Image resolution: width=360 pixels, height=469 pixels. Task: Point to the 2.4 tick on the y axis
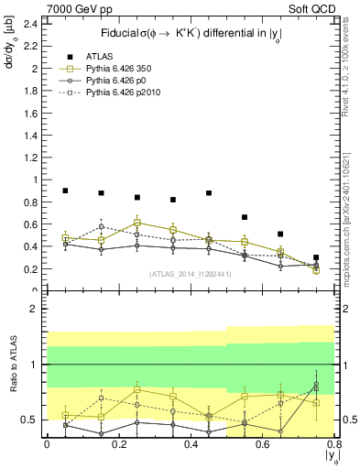[30, 24]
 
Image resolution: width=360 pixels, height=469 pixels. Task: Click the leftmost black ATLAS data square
[65, 191]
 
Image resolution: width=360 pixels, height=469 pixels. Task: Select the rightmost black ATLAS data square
[316, 257]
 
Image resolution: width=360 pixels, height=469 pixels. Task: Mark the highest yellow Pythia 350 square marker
[136, 223]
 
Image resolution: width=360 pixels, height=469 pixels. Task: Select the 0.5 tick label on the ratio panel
[30, 420]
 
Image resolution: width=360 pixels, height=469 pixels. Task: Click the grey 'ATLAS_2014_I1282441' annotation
[191, 273]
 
